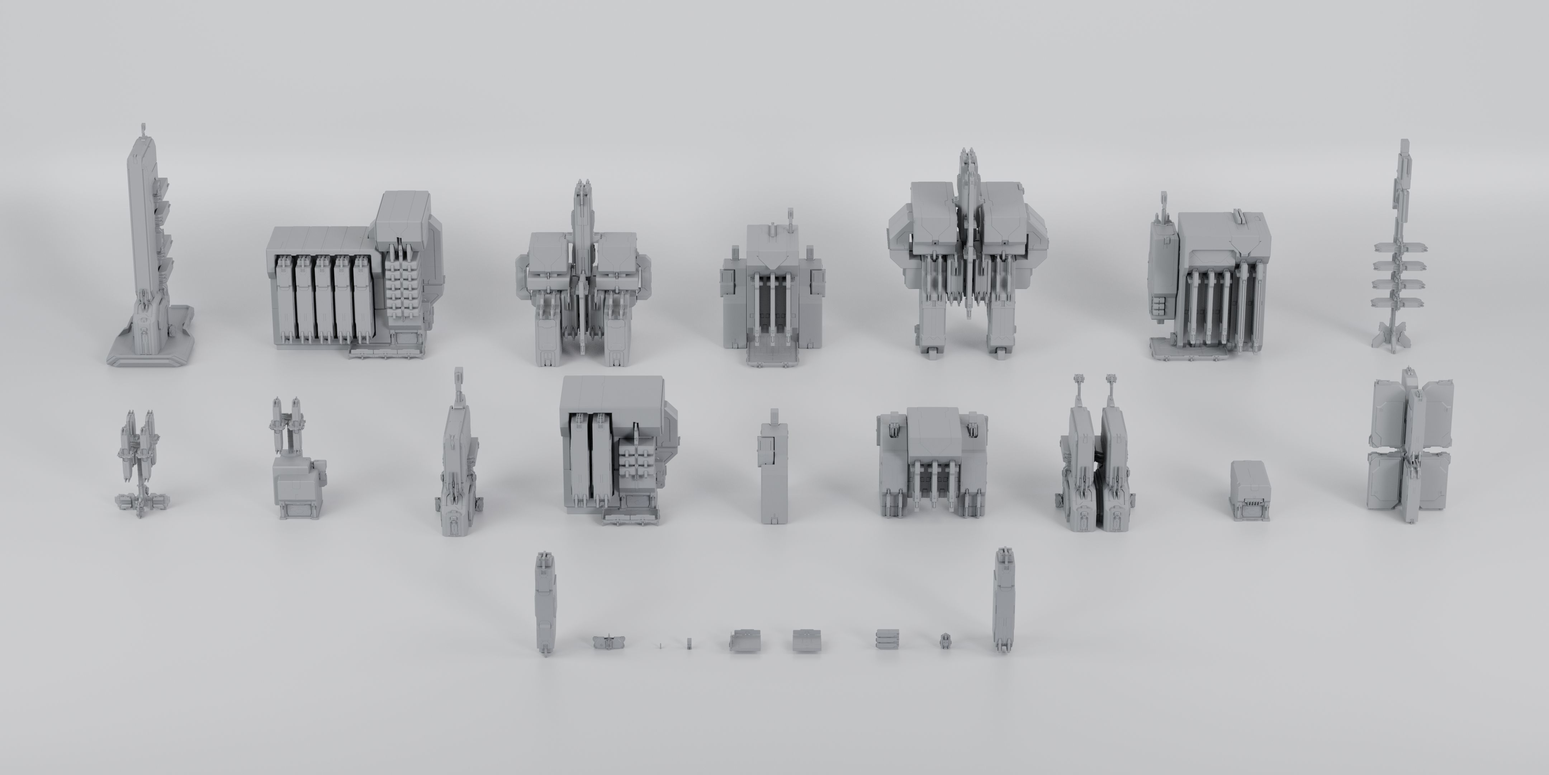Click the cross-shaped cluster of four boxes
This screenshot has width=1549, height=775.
[1411, 445]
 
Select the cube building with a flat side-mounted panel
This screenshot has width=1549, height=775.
[1209, 283]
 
